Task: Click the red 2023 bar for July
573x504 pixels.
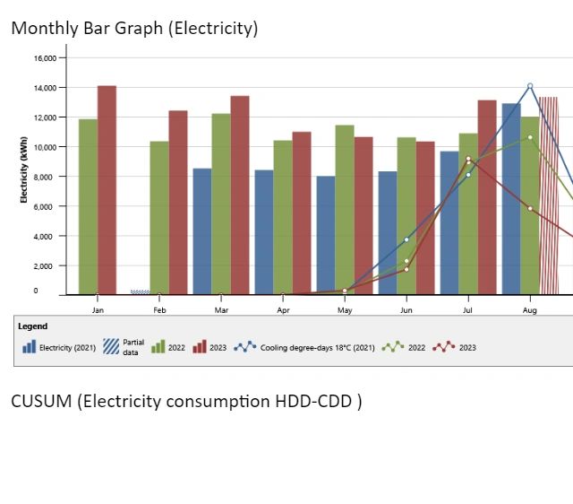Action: coord(486,197)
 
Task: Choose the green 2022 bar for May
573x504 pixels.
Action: coord(345,210)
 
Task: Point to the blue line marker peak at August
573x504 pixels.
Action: coord(530,86)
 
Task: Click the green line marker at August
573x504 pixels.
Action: coord(530,137)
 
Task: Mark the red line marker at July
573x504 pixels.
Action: coord(468,159)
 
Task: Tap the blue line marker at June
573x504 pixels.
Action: coord(406,239)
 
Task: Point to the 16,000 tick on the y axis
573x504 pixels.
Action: coord(44,58)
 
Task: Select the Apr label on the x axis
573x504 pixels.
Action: coord(283,310)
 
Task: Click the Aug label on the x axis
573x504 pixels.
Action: coord(530,310)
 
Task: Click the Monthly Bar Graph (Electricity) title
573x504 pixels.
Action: coord(134,29)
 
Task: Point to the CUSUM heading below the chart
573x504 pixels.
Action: coord(186,401)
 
